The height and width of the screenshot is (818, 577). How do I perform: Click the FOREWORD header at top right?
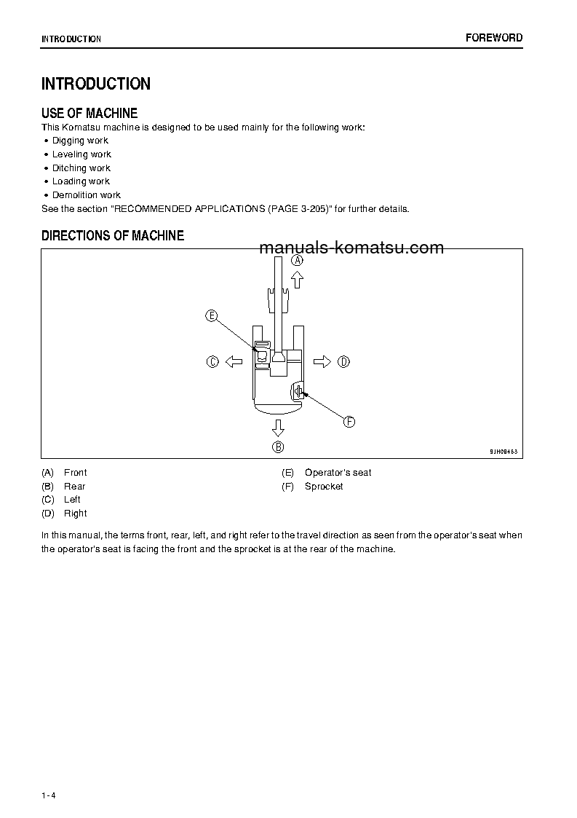click(493, 38)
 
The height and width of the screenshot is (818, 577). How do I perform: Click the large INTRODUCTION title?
click(96, 84)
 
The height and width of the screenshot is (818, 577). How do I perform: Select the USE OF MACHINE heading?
click(89, 113)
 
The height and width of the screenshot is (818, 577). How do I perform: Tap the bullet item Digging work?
click(80, 141)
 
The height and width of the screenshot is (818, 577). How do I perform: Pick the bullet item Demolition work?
click(86, 195)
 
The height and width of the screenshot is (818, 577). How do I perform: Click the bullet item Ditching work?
click(81, 168)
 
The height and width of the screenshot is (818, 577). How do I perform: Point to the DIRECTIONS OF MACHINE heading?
click(113, 235)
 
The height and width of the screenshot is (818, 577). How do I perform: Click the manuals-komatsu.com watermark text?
click(351, 248)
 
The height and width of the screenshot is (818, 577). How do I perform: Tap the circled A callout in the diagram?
click(297, 259)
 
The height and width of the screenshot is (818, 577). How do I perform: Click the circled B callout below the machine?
click(278, 447)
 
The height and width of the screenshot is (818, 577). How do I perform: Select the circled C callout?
click(212, 361)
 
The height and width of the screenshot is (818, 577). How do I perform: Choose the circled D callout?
click(344, 361)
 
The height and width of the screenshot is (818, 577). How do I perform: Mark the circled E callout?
click(212, 315)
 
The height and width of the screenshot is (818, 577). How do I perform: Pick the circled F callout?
click(349, 422)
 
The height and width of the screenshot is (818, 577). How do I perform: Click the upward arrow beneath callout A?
click(297, 280)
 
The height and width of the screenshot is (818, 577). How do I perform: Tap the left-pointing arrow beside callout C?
click(234, 361)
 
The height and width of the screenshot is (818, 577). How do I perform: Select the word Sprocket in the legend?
click(324, 487)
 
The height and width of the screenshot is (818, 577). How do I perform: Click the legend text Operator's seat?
click(338, 473)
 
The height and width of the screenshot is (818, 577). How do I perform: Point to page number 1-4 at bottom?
click(49, 795)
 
